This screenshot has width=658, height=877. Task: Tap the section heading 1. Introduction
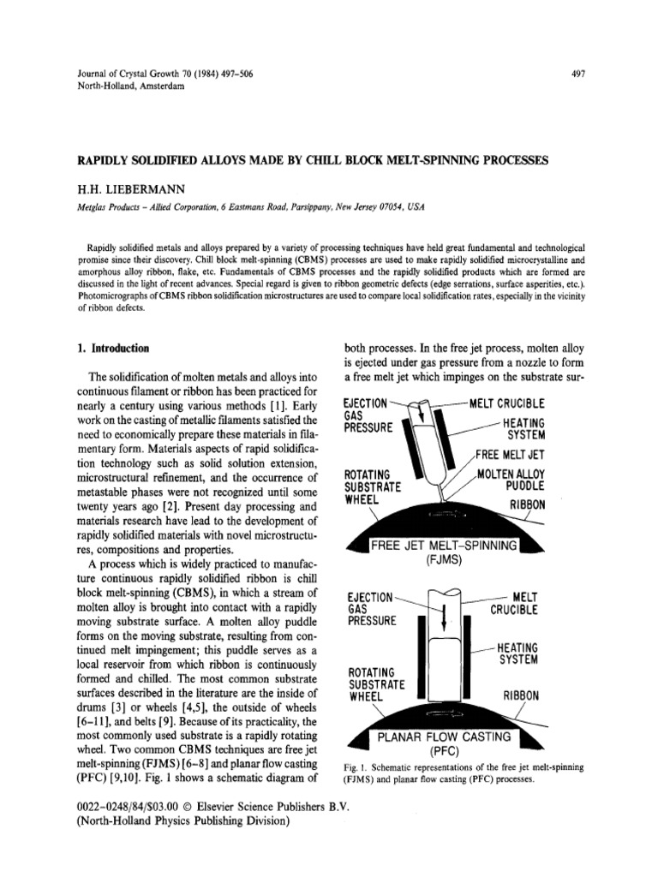pyautogui.click(x=112, y=349)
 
